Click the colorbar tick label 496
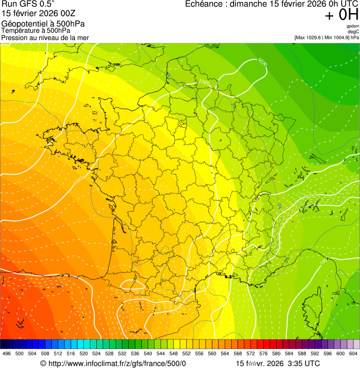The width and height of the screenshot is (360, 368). [x=7, y=353]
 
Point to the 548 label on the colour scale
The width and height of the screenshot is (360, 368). [x=174, y=353]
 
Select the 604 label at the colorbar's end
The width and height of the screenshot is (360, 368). [x=353, y=353]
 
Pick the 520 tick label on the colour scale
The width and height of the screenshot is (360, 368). [x=84, y=353]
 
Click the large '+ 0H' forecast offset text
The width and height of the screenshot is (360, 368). [x=341, y=15]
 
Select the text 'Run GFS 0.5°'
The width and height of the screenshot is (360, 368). [x=28, y=4]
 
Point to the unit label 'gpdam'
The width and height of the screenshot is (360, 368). [x=353, y=26]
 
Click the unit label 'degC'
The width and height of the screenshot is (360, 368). [x=353, y=31]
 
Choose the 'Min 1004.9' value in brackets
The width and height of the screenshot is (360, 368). [x=336, y=37]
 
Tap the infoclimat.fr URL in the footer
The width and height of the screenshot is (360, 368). [x=117, y=364]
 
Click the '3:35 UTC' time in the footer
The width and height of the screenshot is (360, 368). [x=304, y=364]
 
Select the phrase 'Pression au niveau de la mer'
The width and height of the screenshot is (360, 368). [x=45, y=37]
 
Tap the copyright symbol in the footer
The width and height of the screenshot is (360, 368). [x=43, y=364]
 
